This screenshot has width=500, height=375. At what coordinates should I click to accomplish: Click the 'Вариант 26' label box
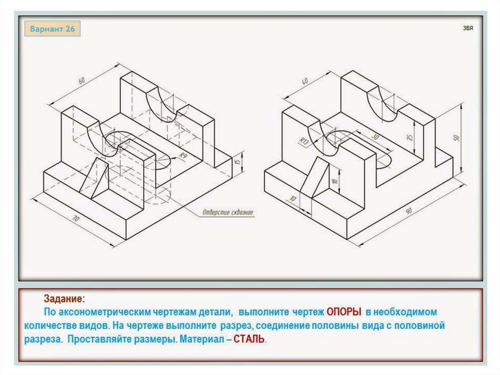[x=52, y=29]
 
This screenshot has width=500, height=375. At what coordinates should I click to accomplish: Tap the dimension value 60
[x=82, y=80]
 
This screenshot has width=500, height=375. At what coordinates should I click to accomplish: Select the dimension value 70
[x=76, y=219]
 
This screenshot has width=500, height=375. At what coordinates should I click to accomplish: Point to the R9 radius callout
[x=183, y=156]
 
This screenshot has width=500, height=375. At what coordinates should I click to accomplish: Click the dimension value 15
[x=237, y=161]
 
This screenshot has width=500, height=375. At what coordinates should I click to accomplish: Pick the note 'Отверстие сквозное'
[x=228, y=212]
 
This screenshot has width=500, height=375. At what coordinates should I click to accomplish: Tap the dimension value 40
[x=305, y=81]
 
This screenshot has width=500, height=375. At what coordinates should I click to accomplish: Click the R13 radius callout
[x=304, y=141]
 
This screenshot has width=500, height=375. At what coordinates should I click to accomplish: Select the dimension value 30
[x=375, y=137]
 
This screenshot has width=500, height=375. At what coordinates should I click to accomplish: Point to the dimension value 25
[x=410, y=137]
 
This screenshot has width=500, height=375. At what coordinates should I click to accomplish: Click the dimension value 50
[x=457, y=138]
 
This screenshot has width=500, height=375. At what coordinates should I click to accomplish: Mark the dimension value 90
[x=409, y=211]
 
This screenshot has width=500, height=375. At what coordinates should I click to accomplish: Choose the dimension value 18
[x=334, y=181]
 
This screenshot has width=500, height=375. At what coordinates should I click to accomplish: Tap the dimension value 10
[x=292, y=199]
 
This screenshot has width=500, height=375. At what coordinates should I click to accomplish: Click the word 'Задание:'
[x=64, y=299]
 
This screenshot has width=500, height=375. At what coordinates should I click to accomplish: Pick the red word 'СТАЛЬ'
[x=249, y=339]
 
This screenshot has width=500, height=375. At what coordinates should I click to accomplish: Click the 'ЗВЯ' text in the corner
[x=468, y=28]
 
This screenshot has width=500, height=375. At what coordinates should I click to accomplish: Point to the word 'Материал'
[x=202, y=339]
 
